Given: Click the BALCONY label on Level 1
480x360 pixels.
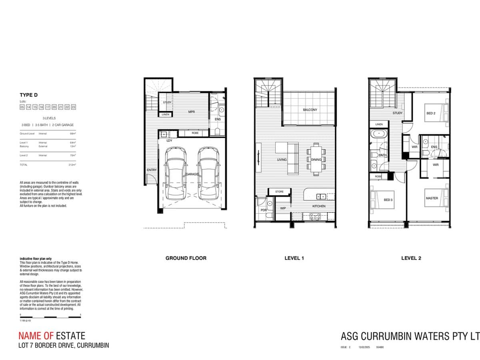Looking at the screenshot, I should [x=310, y=110].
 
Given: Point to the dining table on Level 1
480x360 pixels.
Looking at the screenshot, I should [x=316, y=159].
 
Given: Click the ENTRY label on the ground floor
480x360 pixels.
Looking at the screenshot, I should [x=152, y=170].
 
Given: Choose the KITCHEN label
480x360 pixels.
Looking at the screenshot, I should [x=319, y=206].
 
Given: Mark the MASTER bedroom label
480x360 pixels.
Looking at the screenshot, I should [x=432, y=198].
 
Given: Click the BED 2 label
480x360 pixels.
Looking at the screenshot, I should [x=431, y=113].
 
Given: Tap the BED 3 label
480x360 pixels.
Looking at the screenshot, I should [x=388, y=200].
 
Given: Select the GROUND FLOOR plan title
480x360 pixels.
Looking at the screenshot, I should [x=186, y=258].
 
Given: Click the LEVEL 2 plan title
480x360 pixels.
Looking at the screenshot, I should [x=411, y=258].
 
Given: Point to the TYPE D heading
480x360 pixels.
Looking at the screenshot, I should [x=28, y=95].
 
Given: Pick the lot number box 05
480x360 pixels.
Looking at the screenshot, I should [x=22, y=107].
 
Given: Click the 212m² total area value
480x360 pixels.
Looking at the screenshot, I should [x=72, y=164].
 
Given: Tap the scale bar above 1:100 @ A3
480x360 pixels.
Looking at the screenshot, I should [x=50, y=317].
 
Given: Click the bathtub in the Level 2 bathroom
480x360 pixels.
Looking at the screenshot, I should [x=378, y=134].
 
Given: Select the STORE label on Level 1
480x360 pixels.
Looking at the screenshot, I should [x=279, y=192].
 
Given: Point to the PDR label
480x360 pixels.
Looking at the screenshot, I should [x=264, y=210].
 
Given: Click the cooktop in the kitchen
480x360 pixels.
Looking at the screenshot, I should [x=315, y=216].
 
